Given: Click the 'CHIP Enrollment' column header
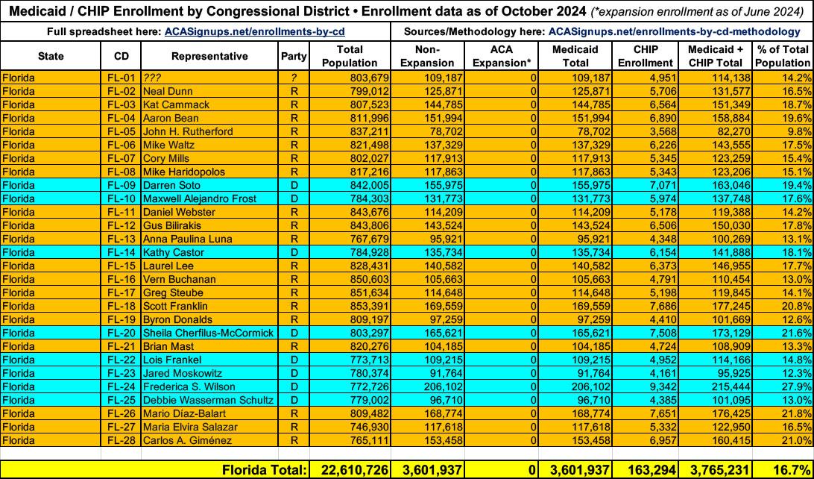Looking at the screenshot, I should coord(645,56).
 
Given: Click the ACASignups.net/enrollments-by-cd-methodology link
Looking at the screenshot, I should coord(674,31).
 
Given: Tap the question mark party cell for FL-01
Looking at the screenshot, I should coord(294,78).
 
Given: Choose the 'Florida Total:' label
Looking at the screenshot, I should coord(264,469).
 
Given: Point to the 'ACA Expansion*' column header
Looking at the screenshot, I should coord(502,56).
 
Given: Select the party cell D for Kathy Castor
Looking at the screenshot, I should coord(294,252).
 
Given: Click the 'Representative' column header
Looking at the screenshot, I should coord(209,56).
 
